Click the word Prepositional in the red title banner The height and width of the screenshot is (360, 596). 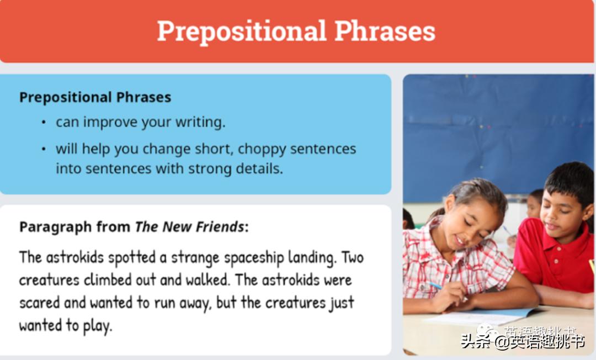(242, 31)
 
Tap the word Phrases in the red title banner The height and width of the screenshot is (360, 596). (385, 30)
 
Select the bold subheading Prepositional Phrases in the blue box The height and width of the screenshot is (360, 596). (95, 97)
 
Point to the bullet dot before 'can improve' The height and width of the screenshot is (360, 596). (44, 123)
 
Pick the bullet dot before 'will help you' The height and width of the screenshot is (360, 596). (44, 149)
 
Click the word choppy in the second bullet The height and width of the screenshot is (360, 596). (262, 150)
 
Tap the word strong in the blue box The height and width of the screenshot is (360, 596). (210, 169)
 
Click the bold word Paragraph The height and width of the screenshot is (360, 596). (56, 227)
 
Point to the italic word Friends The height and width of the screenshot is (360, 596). (220, 226)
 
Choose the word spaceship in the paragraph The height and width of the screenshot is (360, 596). (254, 258)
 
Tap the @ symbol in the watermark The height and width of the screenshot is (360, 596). (502, 342)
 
